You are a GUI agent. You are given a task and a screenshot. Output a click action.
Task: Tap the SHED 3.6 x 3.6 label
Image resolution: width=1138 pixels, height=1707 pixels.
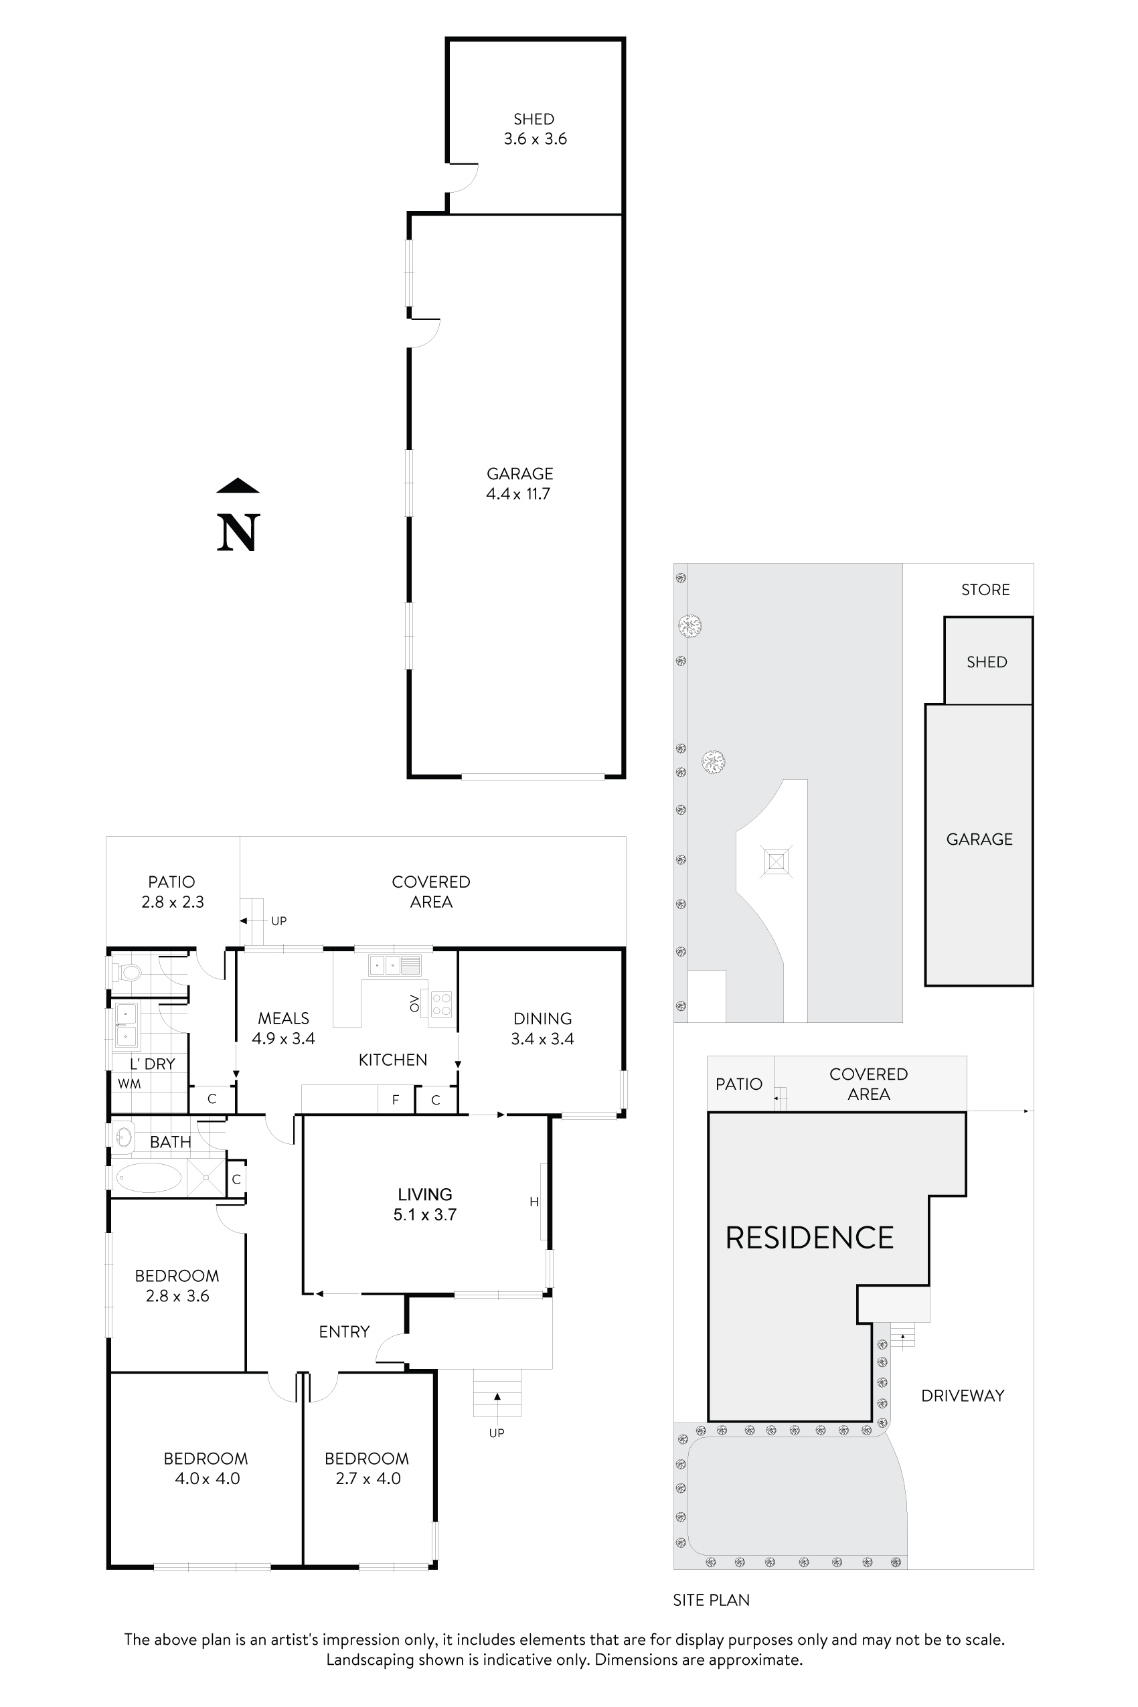click(535, 129)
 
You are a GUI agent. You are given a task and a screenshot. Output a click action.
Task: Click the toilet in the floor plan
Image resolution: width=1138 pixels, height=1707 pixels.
click(130, 971)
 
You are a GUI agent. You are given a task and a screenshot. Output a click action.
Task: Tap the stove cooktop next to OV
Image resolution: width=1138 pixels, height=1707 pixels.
click(441, 1005)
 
